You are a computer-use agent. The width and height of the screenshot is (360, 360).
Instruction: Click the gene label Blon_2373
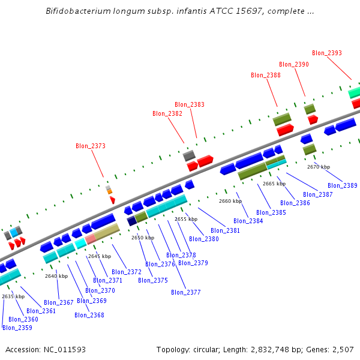click(x=90, y=146)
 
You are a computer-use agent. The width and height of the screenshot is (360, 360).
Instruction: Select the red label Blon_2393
click(x=327, y=53)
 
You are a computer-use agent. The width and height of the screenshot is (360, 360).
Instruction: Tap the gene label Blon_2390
click(x=294, y=64)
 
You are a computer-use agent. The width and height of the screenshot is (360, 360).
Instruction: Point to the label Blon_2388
click(x=265, y=75)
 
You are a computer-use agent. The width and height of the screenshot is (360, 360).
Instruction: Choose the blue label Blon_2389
click(x=342, y=185)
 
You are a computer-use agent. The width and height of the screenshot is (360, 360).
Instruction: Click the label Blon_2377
click(x=185, y=292)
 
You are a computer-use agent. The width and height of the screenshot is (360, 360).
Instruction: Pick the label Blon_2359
click(x=17, y=328)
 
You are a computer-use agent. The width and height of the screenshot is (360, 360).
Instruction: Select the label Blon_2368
click(x=89, y=315)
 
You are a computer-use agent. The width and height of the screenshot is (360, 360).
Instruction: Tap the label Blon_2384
click(x=248, y=221)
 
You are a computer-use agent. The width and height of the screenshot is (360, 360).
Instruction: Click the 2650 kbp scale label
click(x=143, y=238)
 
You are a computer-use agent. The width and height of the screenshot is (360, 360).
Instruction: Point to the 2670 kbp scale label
click(x=319, y=167)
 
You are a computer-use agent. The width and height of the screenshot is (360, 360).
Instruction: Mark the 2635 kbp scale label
click(x=13, y=296)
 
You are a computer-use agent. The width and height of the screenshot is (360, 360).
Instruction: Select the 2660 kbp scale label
click(x=230, y=201)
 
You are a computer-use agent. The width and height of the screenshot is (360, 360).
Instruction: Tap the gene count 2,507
click(x=342, y=349)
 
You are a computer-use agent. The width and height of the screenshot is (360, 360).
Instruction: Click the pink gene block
click(x=90, y=238)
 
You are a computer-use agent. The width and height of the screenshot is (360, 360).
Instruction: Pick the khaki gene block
click(x=107, y=232)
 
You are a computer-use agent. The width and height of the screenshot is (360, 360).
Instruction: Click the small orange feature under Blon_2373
click(x=109, y=191)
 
